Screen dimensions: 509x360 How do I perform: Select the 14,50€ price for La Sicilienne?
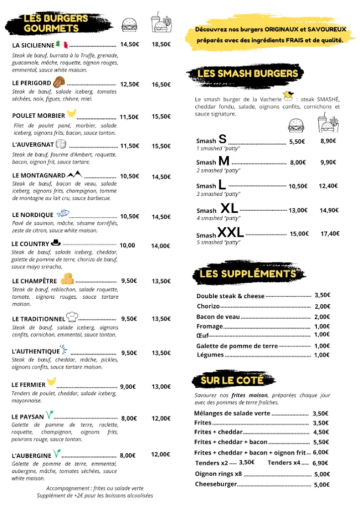(129, 44)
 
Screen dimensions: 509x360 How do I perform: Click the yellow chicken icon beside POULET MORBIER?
(72, 114)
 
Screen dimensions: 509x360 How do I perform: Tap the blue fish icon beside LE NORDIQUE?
(62, 214)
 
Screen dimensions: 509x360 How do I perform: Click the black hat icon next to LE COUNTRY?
(56, 244)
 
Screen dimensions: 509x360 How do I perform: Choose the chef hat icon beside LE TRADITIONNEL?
(72, 318)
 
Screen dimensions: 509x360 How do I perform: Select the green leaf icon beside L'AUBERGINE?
(57, 454)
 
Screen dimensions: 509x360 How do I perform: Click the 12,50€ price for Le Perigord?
(129, 84)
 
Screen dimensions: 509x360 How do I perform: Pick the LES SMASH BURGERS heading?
(248, 74)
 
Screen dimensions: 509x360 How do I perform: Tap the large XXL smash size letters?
(230, 232)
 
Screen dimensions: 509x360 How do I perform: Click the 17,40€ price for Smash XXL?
(330, 234)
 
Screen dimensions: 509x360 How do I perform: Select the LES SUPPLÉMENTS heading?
(248, 274)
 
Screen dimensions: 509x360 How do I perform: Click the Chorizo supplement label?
(208, 306)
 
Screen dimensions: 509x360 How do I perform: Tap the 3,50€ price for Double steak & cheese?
(322, 295)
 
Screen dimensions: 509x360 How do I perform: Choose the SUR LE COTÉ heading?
(232, 381)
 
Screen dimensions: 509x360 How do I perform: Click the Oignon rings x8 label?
(218, 474)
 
